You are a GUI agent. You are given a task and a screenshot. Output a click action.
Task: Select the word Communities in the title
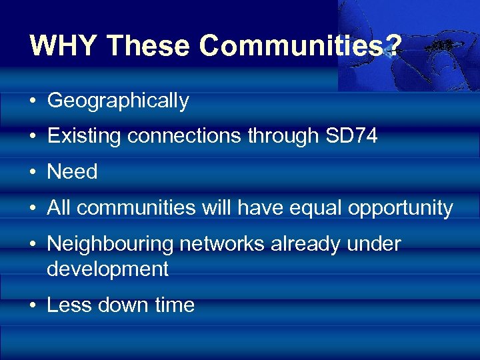[291, 45]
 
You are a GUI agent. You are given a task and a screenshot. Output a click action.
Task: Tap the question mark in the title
[393, 45]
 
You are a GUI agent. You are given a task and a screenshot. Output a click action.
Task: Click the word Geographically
[118, 101]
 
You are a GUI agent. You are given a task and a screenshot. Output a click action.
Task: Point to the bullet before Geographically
[33, 101]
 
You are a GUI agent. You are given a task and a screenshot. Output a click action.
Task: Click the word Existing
[84, 136]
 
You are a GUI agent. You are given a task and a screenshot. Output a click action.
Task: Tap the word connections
[185, 136]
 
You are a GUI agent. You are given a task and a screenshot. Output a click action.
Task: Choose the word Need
[72, 172]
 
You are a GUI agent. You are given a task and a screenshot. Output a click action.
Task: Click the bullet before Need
[33, 173]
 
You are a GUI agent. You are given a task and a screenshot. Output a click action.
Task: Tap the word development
[107, 269]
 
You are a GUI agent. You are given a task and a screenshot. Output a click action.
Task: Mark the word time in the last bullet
[175, 305]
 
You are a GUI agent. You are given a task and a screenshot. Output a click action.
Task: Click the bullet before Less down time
[33, 306]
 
